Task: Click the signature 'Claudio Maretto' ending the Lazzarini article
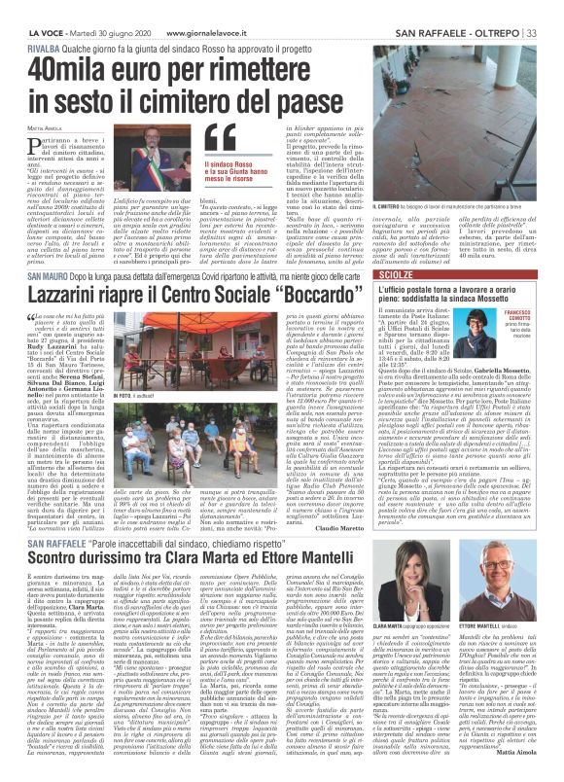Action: tap(335, 499)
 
